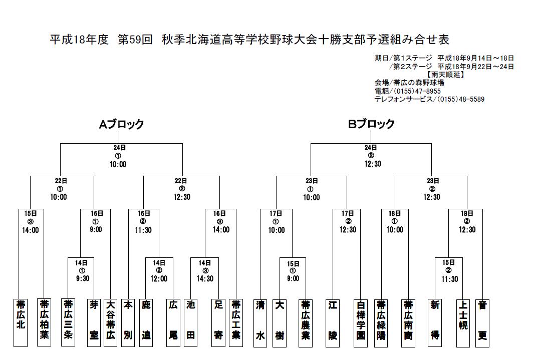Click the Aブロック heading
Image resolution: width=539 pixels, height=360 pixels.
tap(121, 124)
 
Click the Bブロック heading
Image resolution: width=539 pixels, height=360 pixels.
tap(371, 124)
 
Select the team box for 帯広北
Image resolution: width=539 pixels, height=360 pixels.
tap(21, 322)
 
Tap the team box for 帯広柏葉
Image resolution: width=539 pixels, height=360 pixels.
tap(44, 322)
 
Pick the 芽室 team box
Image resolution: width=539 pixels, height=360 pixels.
tap(94, 322)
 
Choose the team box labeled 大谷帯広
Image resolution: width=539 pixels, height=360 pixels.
tap(110, 322)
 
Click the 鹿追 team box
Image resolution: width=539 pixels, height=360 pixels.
tap(146, 322)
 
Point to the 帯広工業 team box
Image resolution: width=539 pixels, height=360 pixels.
tap(236, 322)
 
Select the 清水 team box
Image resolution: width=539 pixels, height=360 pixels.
tap(260, 322)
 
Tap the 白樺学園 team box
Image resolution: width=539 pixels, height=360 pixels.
tap(361, 322)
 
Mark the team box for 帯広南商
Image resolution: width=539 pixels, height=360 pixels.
tap(408, 322)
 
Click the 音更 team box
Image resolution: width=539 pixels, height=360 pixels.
tap(482, 322)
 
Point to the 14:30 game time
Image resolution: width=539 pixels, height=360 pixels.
tap(205, 278)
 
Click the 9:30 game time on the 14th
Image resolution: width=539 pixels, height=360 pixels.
tap(83, 278)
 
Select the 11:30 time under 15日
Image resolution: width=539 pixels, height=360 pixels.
tap(450, 279)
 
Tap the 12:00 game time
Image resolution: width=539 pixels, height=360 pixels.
tap(159, 278)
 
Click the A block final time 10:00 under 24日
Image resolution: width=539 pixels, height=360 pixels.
tap(118, 165)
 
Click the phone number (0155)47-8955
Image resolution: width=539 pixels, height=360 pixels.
tap(417, 91)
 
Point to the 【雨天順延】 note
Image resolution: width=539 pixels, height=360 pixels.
tap(445, 75)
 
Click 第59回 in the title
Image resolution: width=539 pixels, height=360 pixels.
tap(135, 40)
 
